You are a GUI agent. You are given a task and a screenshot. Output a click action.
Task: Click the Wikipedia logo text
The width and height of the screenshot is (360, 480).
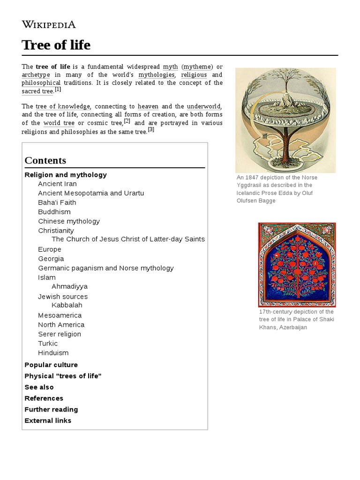coord(48,24)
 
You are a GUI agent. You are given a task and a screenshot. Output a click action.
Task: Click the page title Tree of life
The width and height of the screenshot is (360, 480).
coord(56,45)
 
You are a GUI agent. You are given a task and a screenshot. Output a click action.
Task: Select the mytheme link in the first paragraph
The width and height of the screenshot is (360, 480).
coord(197,67)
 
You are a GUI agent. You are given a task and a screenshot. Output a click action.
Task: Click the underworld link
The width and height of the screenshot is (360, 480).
coord(203,106)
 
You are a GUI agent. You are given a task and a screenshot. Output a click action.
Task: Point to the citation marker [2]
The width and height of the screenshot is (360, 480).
coord(127,121)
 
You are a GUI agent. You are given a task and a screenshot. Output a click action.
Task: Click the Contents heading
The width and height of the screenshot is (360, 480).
coord(45,160)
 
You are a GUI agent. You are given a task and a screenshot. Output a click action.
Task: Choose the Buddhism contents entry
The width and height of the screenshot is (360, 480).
coord(54,212)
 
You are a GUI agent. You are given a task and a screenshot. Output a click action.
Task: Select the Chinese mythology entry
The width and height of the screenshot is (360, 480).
coord(69,221)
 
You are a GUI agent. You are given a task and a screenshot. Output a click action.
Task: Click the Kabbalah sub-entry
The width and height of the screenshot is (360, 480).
coord(67,305)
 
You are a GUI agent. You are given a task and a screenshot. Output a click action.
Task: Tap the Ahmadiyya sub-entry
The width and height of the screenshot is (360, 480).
coord(69,286)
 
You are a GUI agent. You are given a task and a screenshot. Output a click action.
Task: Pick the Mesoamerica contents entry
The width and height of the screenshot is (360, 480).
coord(60,315)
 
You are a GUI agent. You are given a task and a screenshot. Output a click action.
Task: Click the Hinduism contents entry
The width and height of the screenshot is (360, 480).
coord(53,353)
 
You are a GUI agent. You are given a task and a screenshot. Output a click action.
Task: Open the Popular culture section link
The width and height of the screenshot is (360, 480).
coord(51,365)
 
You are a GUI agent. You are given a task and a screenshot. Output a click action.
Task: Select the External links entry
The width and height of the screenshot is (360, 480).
coord(48,420)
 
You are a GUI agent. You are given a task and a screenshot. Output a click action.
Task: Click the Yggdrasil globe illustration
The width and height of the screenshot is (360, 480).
coord(285,120)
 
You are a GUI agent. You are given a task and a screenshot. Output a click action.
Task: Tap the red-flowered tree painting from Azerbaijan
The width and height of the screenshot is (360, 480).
coord(297,264)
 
